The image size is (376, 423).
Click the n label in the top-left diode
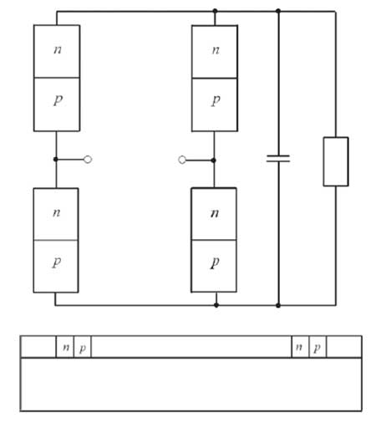(x=58, y=49)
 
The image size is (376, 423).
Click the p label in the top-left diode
(x=58, y=100)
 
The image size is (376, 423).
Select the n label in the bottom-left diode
(x=57, y=212)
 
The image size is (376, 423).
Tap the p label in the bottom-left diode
(x=57, y=262)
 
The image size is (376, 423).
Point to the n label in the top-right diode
(x=216, y=50)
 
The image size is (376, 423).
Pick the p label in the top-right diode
(x=216, y=100)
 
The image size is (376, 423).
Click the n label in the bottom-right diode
(x=215, y=213)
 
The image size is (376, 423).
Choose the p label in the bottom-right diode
(x=215, y=262)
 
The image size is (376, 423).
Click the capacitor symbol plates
(x=278, y=159)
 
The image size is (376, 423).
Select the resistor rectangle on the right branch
(x=336, y=161)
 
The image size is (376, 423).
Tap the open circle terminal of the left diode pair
(x=88, y=160)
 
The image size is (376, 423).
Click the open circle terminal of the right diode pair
(x=182, y=160)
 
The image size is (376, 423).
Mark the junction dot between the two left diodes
(x=56, y=159)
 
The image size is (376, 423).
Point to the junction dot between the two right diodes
(x=214, y=161)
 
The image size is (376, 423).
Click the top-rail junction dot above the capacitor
(x=278, y=11)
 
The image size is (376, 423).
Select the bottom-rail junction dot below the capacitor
(x=278, y=305)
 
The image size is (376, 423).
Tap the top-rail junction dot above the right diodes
(x=215, y=11)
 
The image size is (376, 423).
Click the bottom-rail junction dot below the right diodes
(x=216, y=305)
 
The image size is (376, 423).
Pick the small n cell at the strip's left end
(x=65, y=347)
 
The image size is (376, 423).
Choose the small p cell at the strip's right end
(x=318, y=347)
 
